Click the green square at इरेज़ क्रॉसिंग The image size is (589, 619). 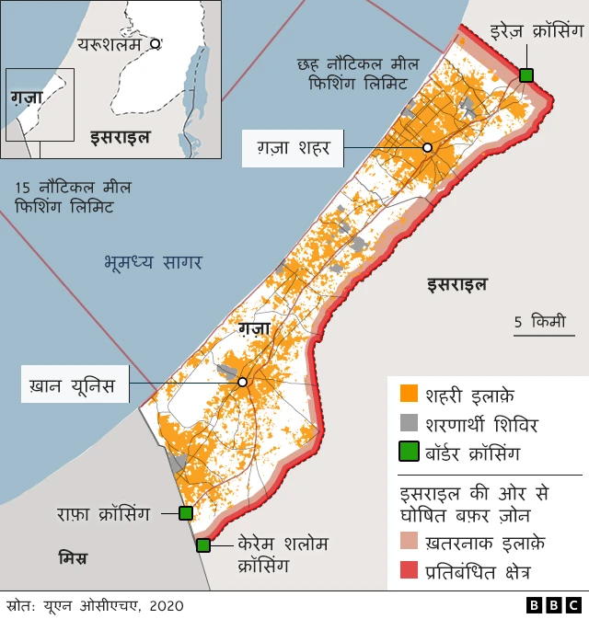[526, 75]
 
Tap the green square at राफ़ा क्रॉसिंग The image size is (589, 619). [185, 513]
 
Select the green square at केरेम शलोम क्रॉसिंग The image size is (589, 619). [203, 545]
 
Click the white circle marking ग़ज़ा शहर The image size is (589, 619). [427, 147]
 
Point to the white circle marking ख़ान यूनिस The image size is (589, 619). [242, 382]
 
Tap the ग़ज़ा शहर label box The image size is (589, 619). [292, 147]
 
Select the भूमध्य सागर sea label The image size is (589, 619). [152, 263]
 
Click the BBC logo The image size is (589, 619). [553, 605]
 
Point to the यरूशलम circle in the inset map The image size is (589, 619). [156, 43]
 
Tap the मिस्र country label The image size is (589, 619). [73, 557]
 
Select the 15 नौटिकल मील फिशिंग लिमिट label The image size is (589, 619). [73, 198]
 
